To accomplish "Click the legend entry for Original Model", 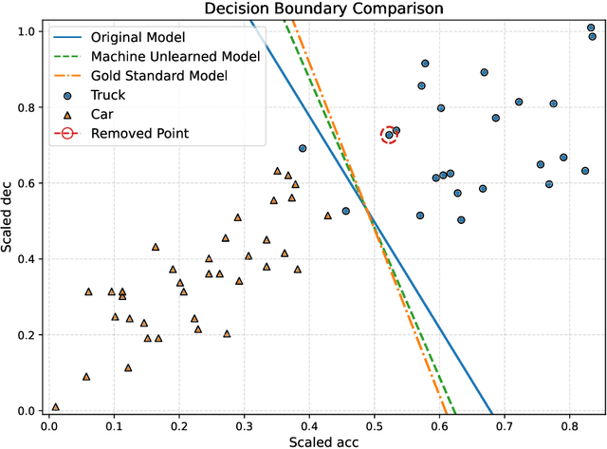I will (x=138, y=37).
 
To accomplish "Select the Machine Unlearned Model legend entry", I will (x=175, y=56).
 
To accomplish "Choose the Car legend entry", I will (x=105, y=113).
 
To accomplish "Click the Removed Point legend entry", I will (x=140, y=133).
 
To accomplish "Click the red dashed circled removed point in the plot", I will (x=389, y=135).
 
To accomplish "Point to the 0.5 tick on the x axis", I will (x=375, y=424).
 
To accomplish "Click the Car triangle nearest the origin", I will (x=55, y=406).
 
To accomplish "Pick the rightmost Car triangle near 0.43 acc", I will (x=328, y=215).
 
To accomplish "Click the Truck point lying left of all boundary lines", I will (x=303, y=148).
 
